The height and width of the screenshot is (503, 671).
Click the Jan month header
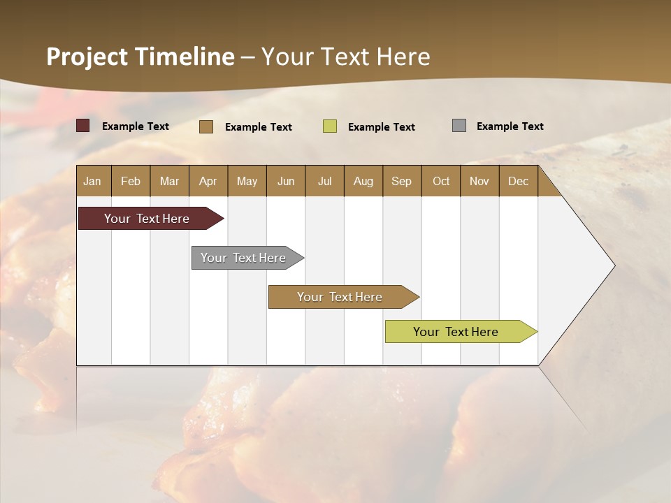click(x=93, y=181)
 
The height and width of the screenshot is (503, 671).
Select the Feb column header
click(x=131, y=181)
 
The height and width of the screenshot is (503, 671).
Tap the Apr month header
click(x=208, y=181)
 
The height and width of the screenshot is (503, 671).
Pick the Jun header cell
click(x=286, y=181)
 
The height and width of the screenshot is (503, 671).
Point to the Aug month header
click(x=363, y=181)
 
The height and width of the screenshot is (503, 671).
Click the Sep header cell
click(x=402, y=181)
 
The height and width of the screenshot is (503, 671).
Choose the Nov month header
click(x=479, y=181)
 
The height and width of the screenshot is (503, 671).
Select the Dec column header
click(x=519, y=181)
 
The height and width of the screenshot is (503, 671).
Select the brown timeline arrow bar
click(x=340, y=297)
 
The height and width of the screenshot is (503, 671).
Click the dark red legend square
click(x=83, y=126)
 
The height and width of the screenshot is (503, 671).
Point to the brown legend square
click(x=206, y=126)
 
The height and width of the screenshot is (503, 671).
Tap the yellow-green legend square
click(x=330, y=126)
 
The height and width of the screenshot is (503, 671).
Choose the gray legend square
click(x=459, y=126)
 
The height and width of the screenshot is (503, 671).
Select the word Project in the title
click(x=87, y=57)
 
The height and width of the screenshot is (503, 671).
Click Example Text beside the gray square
click(x=510, y=126)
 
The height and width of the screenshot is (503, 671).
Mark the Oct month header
click(x=441, y=181)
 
